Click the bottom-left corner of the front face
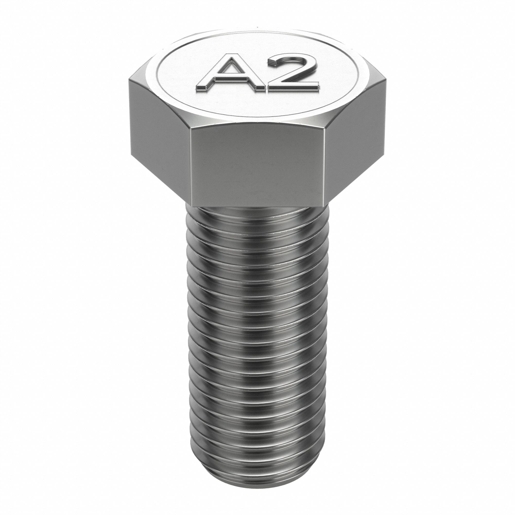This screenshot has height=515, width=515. coord(192,206)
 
